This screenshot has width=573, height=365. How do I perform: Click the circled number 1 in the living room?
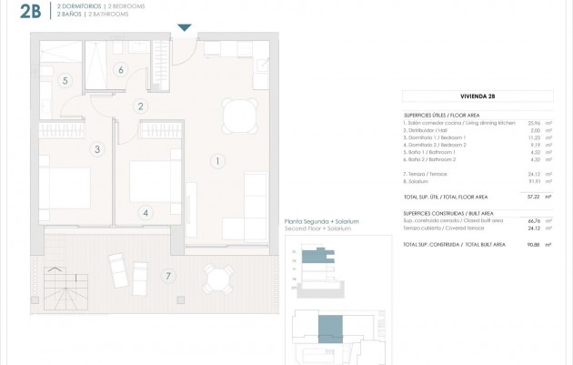click(x=216, y=162)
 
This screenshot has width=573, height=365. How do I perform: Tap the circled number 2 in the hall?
click(x=140, y=106)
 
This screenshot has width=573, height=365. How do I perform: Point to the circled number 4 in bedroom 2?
click(x=145, y=213)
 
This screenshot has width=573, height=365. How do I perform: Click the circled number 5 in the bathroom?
click(x=65, y=80)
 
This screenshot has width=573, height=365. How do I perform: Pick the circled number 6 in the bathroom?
click(x=120, y=69)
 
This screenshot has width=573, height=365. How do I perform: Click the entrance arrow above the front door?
click(x=186, y=28)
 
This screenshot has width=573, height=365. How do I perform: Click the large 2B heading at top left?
click(x=18, y=12)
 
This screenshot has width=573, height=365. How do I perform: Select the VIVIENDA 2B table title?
click(x=477, y=95)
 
